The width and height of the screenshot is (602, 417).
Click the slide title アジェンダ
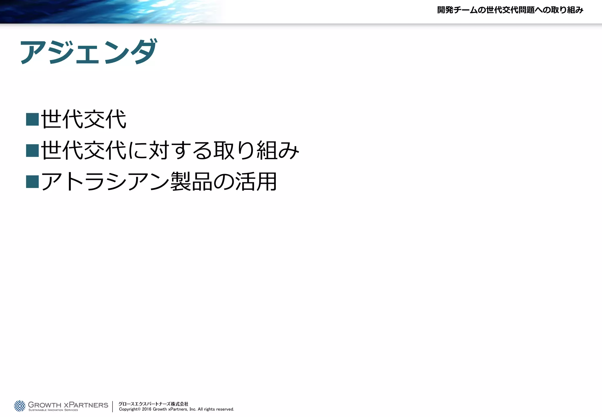pyautogui.click(x=88, y=52)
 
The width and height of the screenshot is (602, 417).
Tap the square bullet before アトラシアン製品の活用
pyautogui.click(x=32, y=181)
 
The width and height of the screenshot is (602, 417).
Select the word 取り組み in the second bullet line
pyautogui.click(x=256, y=150)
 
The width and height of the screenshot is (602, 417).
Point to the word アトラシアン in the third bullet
pyautogui.click(x=105, y=181)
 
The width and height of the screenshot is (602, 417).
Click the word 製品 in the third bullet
pyautogui.click(x=191, y=181)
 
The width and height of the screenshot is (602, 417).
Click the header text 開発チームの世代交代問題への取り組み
pyautogui.click(x=510, y=10)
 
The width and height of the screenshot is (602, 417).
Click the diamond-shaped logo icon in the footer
pyautogui.click(x=20, y=406)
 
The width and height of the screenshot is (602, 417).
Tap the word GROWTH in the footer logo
pyautogui.click(x=44, y=405)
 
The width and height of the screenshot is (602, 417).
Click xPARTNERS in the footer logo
pyautogui.click(x=86, y=405)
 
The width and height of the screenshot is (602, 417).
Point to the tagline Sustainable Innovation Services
pyautogui.click(x=53, y=410)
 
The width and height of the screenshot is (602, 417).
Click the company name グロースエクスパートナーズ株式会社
pyautogui.click(x=153, y=404)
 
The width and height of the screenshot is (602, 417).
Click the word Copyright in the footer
pyautogui.click(x=128, y=409)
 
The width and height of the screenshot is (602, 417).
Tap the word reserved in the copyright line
pyautogui.click(x=225, y=409)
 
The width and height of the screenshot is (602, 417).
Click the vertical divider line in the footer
pyautogui.click(x=113, y=406)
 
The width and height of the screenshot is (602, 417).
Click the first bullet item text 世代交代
pyautogui.click(x=84, y=119)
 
